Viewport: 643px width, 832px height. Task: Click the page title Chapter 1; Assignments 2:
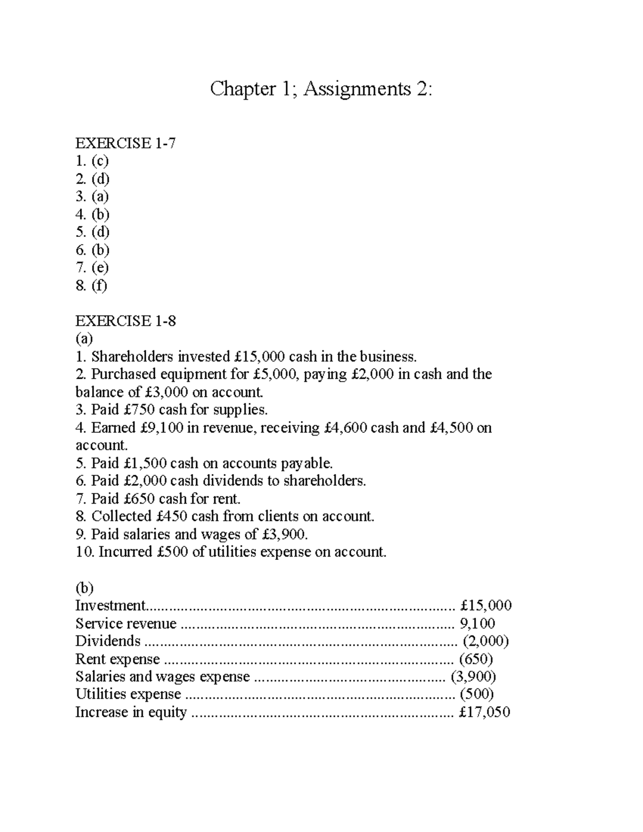(x=320, y=89)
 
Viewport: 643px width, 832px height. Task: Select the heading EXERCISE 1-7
(x=125, y=143)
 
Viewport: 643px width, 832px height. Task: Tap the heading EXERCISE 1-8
(x=125, y=321)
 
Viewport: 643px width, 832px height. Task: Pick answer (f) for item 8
(x=99, y=286)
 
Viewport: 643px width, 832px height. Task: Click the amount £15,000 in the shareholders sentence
(x=260, y=356)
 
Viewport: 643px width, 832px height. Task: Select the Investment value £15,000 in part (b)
(x=485, y=605)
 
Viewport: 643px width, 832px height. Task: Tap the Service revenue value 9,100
(x=477, y=624)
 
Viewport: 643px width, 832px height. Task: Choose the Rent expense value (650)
(x=476, y=659)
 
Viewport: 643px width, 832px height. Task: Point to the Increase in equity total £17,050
(x=484, y=712)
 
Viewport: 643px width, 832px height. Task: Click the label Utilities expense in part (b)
(x=128, y=694)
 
